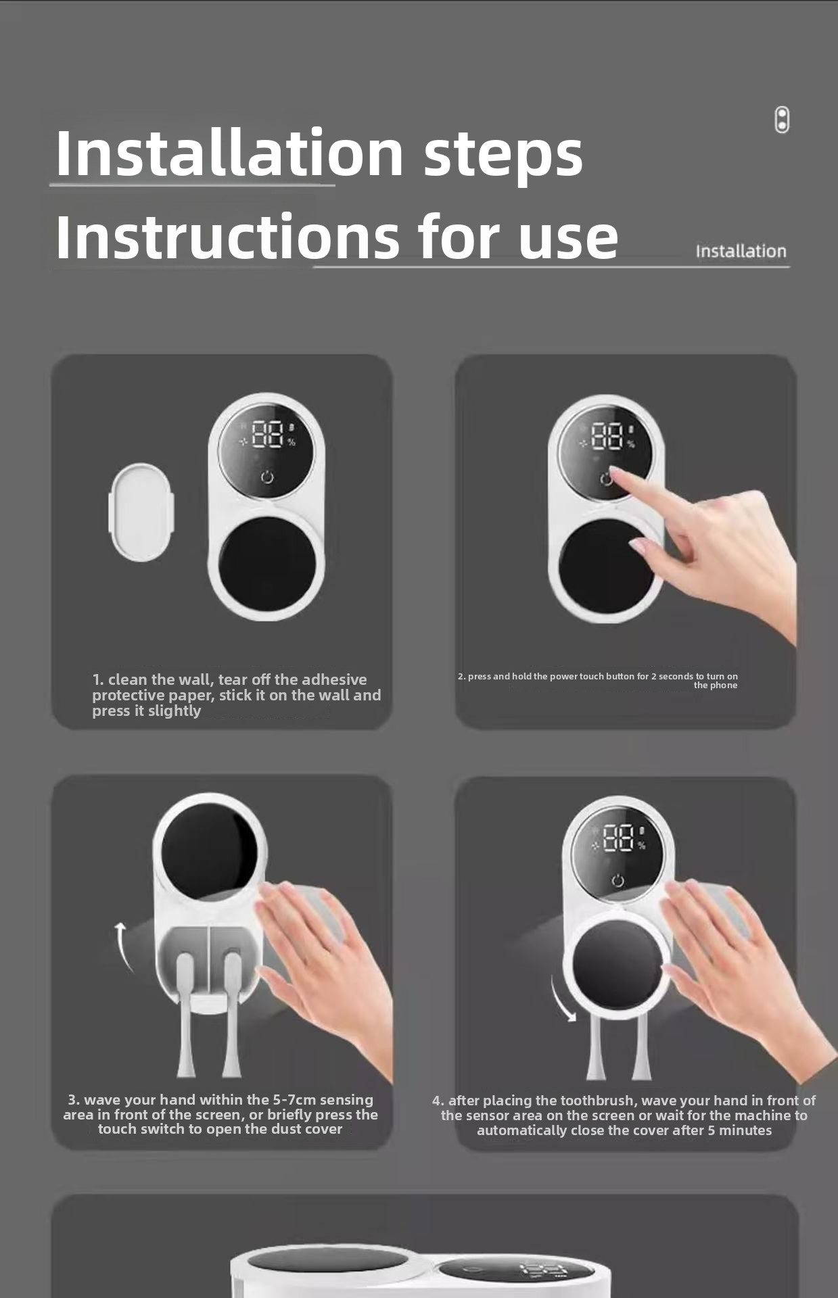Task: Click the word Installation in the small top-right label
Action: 741,251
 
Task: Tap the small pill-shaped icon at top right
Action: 782,120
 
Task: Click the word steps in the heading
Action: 503,154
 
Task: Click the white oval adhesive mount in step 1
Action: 141,512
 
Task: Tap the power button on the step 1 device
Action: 267,477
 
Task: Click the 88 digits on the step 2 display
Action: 607,436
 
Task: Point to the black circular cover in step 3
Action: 210,843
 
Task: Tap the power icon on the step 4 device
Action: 618,880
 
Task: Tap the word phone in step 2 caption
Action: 724,686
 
